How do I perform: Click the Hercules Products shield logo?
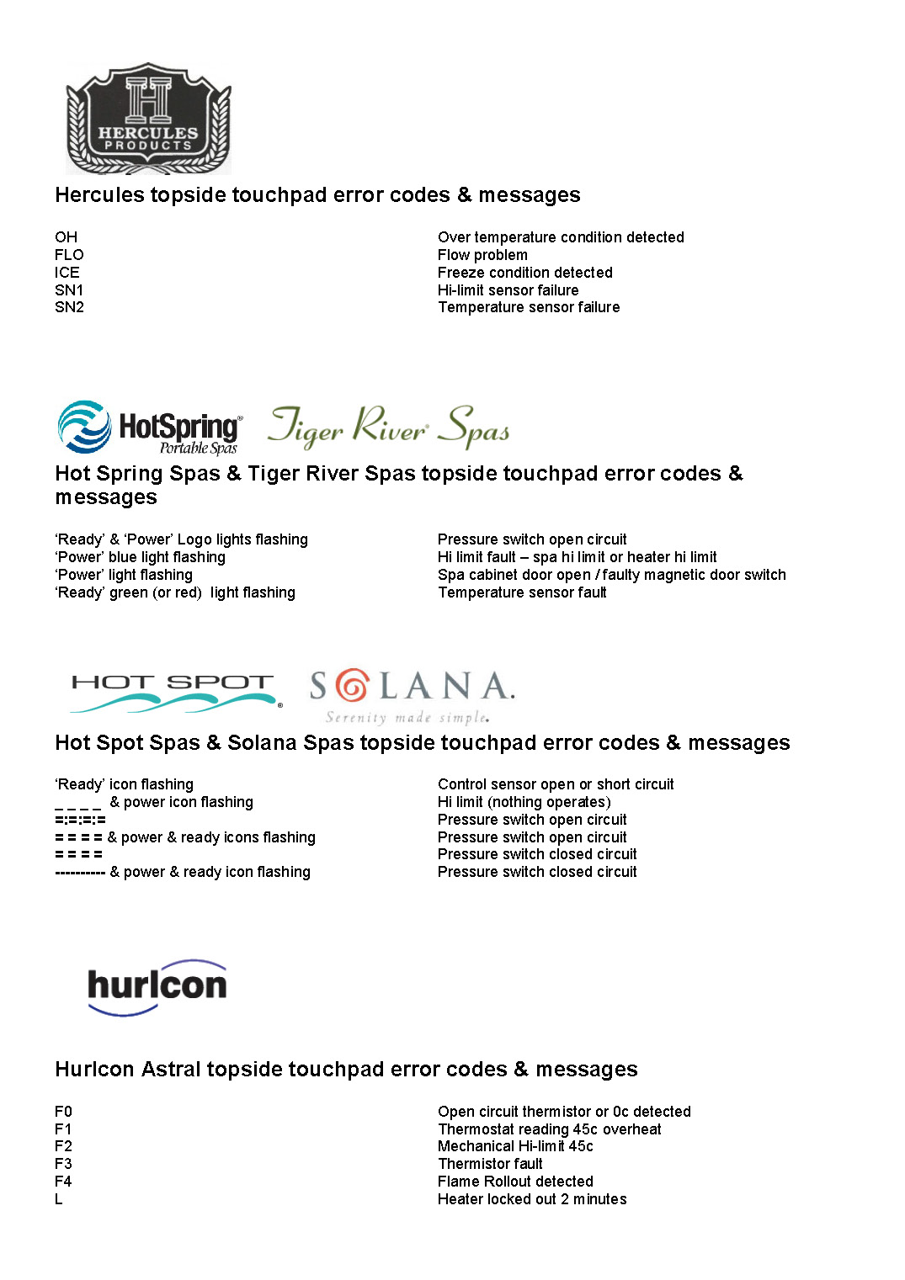coord(148,118)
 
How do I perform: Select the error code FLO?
coord(69,255)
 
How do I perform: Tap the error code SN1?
coord(69,290)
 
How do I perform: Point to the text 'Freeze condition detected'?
coord(524,273)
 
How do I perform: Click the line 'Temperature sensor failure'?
coord(529,307)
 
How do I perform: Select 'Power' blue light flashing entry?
coord(141,557)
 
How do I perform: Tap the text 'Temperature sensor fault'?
coord(522,592)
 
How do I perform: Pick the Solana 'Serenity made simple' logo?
coord(412,695)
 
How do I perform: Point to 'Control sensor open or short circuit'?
coord(556,784)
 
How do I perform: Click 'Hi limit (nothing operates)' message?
coord(524,802)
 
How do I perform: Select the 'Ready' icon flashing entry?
coord(125,784)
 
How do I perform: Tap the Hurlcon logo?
coord(157,986)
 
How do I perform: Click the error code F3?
coord(63,1164)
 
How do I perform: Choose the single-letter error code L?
coord(59,1199)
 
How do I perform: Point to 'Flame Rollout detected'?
coord(515,1182)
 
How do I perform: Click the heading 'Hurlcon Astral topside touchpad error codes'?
coord(346,1070)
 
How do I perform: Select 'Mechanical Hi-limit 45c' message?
coord(515,1146)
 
